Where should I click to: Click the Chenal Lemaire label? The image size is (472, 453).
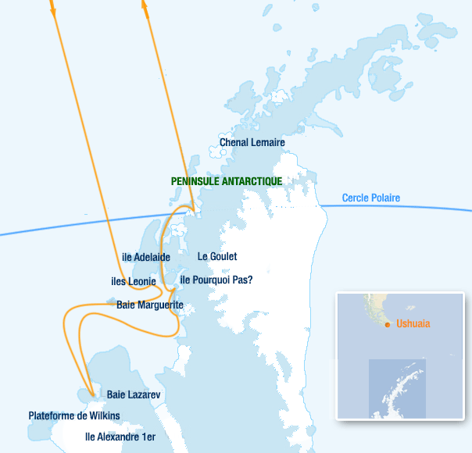252,142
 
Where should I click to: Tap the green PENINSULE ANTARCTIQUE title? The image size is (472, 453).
226,180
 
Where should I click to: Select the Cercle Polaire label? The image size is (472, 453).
370,198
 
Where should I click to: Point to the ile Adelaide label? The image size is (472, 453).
146,256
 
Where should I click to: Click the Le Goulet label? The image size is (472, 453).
216,256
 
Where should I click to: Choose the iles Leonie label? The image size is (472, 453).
134,281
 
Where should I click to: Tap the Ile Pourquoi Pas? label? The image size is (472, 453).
216,279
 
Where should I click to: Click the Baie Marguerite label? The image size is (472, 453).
149,305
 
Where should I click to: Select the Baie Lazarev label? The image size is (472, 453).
134,395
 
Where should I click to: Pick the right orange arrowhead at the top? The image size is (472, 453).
145,4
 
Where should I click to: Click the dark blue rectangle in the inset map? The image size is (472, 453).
397,388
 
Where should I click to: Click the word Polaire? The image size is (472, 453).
384,198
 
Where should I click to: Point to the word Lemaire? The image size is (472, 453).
268,142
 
